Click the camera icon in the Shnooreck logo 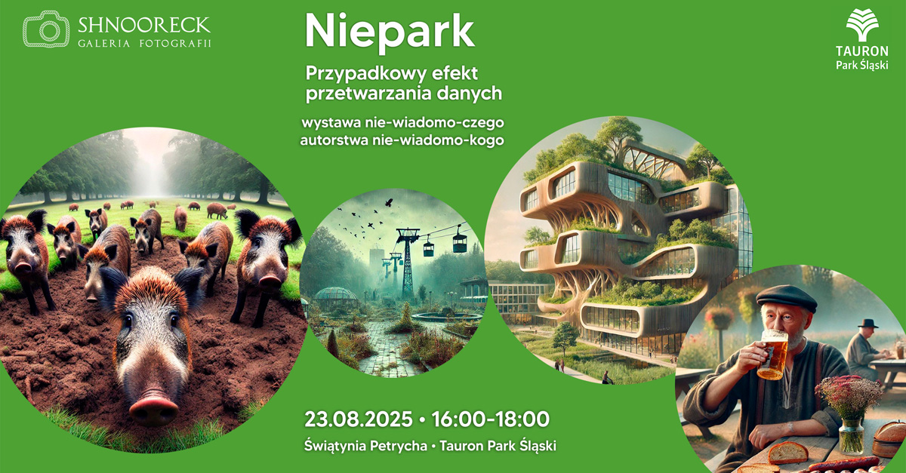point(46,29)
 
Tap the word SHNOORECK point(144,26)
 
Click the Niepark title point(390,32)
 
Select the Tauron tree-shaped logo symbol point(861,26)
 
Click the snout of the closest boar point(153,407)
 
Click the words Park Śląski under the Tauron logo point(861,65)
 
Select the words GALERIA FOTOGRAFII point(144,44)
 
